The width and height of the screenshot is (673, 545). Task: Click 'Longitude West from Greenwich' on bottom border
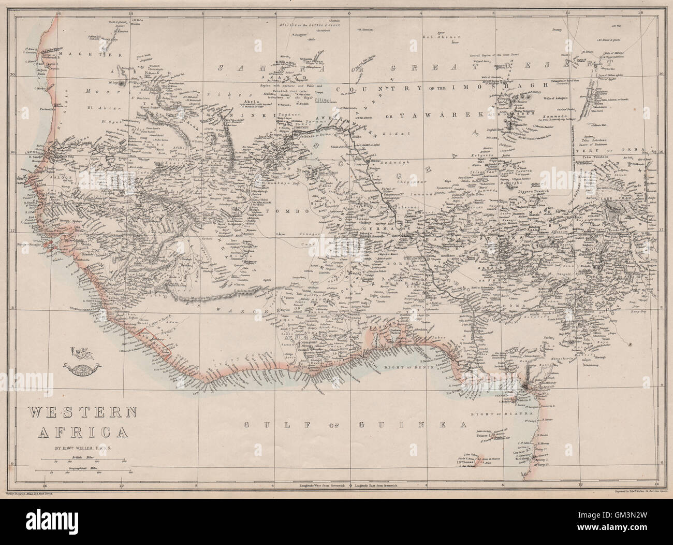321,486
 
